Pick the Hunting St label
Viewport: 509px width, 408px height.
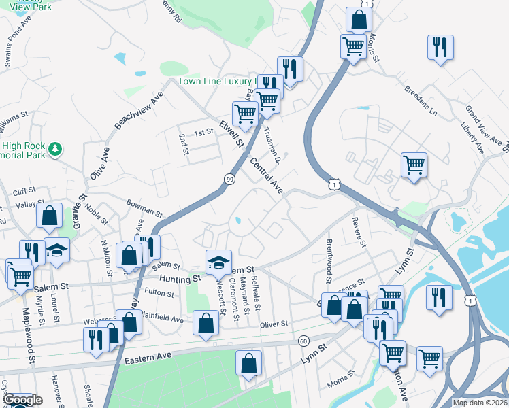(180, 279)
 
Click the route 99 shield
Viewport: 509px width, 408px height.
(230, 178)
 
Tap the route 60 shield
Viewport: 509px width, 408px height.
(303, 340)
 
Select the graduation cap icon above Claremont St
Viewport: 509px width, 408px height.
(218, 260)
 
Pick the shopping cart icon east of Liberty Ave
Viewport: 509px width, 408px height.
(414, 164)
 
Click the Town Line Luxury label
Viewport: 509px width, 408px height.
(216, 81)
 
